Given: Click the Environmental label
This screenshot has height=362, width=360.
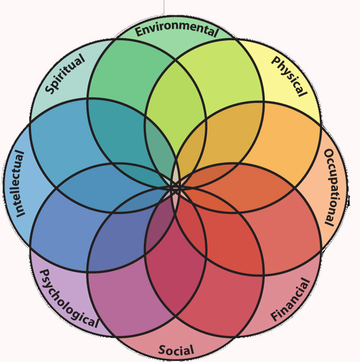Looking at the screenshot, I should point(176,31).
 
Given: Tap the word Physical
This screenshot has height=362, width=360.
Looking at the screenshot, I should point(288,76).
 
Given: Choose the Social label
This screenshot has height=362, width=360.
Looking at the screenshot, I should point(176,350).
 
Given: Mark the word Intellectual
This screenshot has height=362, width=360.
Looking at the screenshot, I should point(18,184).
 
